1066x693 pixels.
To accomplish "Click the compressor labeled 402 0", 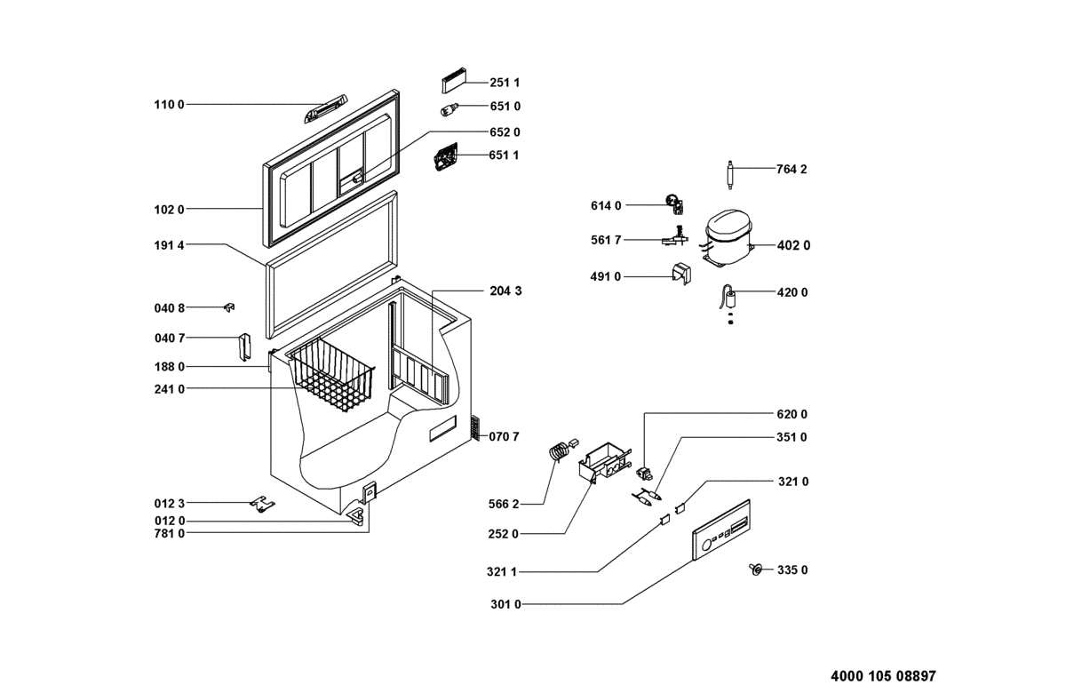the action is click(727, 238).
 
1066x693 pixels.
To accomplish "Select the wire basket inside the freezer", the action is click(332, 375).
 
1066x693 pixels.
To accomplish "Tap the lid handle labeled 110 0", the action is click(325, 109).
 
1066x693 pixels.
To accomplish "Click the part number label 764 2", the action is click(792, 170).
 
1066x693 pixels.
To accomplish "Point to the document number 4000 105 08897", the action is click(883, 676).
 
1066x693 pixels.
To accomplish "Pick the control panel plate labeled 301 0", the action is click(721, 530).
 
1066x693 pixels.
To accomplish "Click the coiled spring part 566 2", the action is click(561, 450).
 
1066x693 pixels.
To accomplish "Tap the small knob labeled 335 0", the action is click(755, 569).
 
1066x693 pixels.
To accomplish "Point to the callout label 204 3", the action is click(505, 291).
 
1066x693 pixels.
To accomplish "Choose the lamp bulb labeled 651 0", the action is click(449, 109).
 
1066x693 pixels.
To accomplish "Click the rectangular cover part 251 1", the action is click(454, 80).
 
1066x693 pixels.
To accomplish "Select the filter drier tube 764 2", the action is click(730, 175).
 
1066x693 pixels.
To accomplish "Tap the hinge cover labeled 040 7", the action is click(244, 347).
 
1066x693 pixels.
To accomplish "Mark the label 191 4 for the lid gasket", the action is click(169, 245).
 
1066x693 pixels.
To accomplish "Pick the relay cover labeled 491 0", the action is click(681, 274).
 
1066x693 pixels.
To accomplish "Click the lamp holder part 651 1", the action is click(446, 156).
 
